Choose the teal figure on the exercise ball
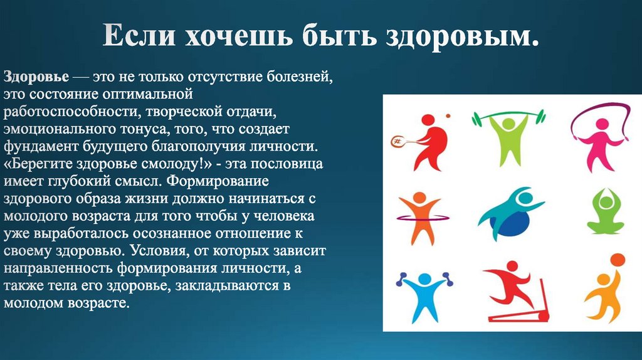pyautogui.click(x=508, y=215)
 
